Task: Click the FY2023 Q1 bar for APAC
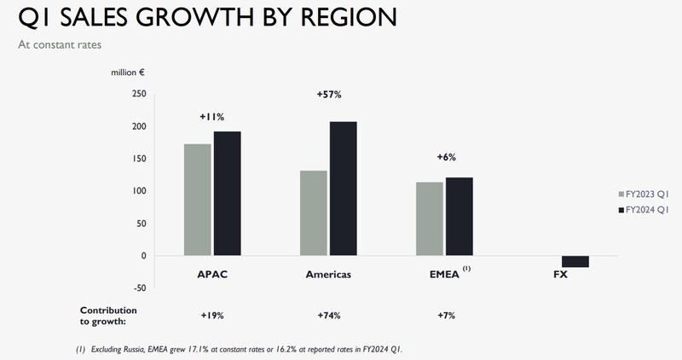(x=198, y=200)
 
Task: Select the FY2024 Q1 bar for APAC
(x=228, y=194)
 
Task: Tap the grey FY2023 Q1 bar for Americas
(x=314, y=213)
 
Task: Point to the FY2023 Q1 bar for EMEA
(x=429, y=218)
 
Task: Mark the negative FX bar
(x=575, y=262)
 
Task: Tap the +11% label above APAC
(x=212, y=115)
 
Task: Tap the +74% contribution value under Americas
(x=328, y=316)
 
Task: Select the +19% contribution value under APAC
(x=212, y=316)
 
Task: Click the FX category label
(x=560, y=276)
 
